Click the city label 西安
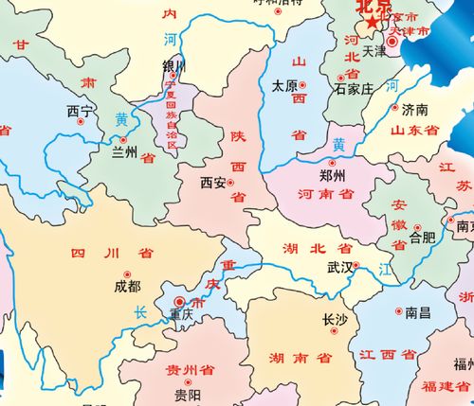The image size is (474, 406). coord(213,183)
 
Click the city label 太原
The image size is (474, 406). coord(284,84)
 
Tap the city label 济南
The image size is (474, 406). coord(415,109)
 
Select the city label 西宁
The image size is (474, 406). coord(79,112)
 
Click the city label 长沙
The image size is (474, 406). coord(336,320)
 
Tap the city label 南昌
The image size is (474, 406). coord(418,311)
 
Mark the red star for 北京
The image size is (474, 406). coord(374,21)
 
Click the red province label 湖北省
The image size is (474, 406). coord(317,249)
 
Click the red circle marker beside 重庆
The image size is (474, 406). coord(180,301)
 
